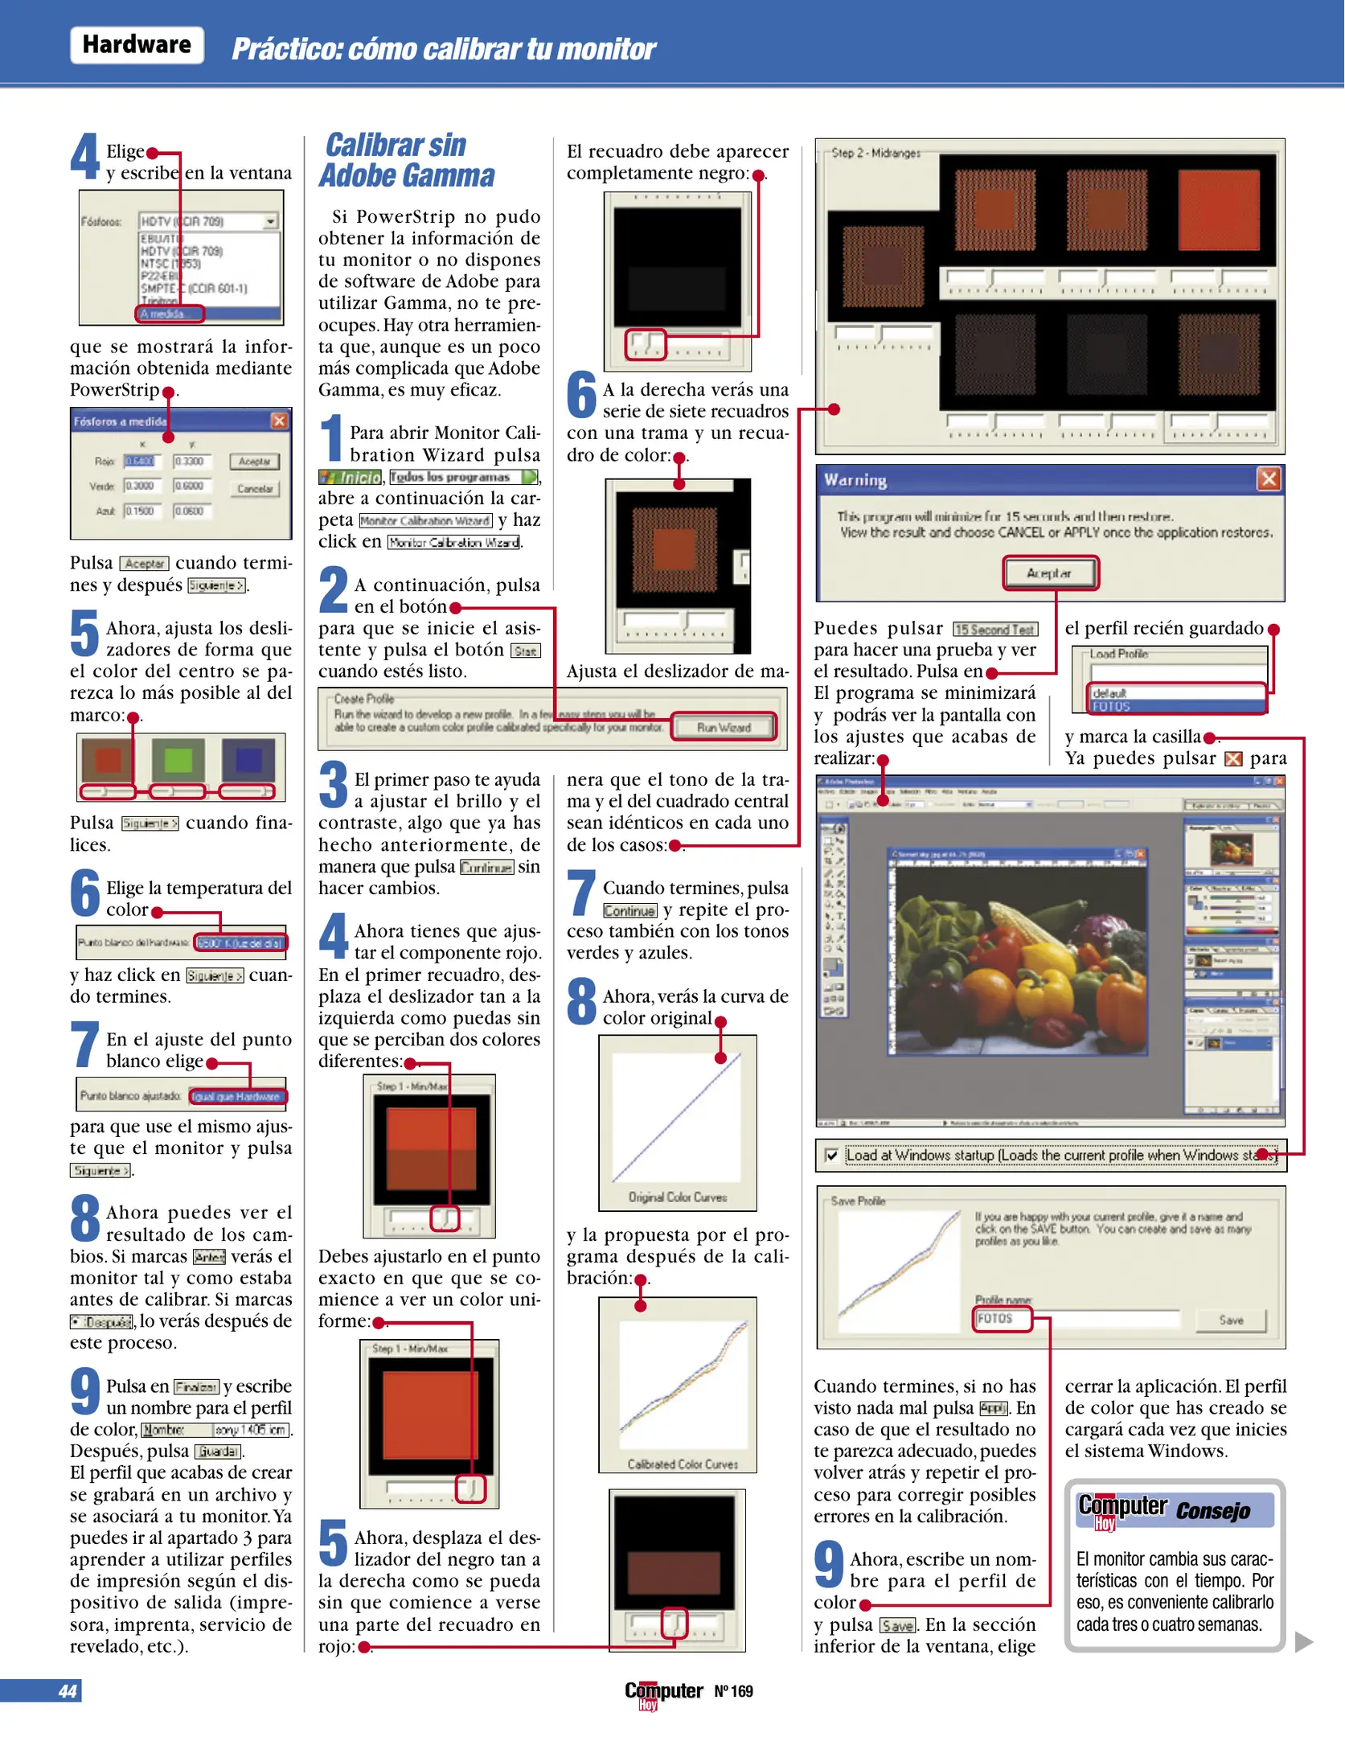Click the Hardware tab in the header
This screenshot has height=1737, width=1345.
[x=137, y=45]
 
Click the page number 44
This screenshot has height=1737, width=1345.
[x=68, y=1690]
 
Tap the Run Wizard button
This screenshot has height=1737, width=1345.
[x=724, y=727]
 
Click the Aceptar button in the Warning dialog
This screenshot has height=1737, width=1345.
[x=1049, y=573]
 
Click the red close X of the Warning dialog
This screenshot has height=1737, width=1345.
[x=1268, y=479]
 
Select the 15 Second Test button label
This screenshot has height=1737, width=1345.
[x=995, y=630]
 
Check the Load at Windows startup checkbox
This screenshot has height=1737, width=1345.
[x=832, y=1156]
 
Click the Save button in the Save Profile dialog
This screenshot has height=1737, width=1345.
[x=1230, y=1320]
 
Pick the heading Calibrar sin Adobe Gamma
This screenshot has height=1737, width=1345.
[x=406, y=160]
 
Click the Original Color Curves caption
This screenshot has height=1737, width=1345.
[x=677, y=1197]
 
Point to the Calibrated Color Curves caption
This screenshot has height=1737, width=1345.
[x=683, y=1464]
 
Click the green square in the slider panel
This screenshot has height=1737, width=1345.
[x=178, y=760]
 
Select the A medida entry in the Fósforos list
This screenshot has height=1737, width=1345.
[x=169, y=314]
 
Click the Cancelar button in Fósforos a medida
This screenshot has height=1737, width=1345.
[x=255, y=489]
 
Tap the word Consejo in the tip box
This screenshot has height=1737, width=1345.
[x=1212, y=1511]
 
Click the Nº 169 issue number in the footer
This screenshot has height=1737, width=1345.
[x=733, y=1691]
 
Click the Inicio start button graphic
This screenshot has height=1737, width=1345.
[x=351, y=478]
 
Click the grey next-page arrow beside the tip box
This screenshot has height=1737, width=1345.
[x=1303, y=1641]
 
